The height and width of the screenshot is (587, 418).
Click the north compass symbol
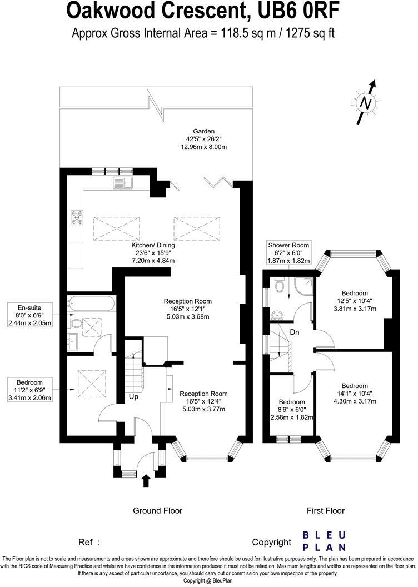(x=365, y=103)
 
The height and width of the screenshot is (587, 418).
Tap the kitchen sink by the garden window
(x=121, y=182)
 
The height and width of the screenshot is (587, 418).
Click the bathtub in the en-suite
(x=91, y=304)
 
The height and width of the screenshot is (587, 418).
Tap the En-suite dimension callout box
(x=31, y=315)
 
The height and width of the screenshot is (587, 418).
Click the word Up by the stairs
(x=133, y=397)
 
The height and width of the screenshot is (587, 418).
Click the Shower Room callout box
(x=288, y=253)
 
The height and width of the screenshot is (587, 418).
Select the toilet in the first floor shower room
(x=280, y=286)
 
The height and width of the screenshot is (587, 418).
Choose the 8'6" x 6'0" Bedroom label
(x=291, y=409)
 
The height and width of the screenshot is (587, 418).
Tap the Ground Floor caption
(x=157, y=510)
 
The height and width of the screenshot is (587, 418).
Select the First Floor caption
(x=326, y=510)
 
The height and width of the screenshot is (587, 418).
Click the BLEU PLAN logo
(x=324, y=541)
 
